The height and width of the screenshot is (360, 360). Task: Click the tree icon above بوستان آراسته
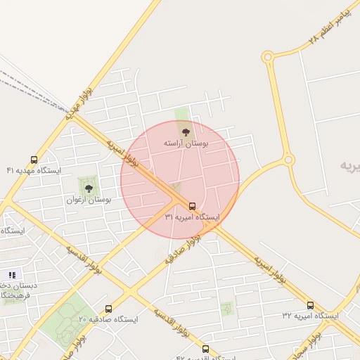tap(186, 131)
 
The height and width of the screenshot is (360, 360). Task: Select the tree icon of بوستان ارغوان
tap(89, 188)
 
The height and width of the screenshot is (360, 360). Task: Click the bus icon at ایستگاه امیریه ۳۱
tap(193, 206)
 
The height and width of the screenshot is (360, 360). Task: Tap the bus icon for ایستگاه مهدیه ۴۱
tap(34, 160)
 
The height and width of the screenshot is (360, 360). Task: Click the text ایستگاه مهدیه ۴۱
tap(34, 171)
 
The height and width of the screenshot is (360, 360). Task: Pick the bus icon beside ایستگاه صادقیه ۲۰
tap(108, 309)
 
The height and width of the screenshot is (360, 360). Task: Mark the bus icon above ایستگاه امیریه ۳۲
tap(310, 305)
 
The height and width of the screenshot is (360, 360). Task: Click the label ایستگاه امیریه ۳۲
tap(310, 316)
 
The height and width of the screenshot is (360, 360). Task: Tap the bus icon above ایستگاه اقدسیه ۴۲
tap(205, 348)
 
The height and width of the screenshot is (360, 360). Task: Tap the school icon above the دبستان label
tap(12, 275)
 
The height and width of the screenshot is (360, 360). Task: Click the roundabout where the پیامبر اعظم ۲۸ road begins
tap(268, 57)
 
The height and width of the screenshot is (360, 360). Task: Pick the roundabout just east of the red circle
tap(288, 160)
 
